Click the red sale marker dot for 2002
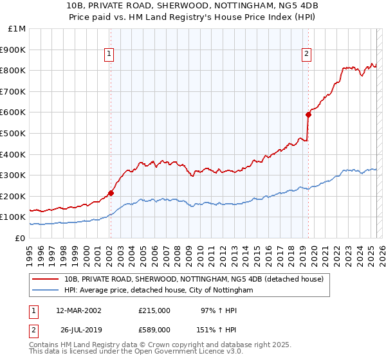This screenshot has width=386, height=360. tap(111, 192)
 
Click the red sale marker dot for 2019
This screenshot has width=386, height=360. tap(308, 114)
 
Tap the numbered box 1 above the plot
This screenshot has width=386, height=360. tap(110, 54)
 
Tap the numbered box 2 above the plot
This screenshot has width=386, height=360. tap(307, 54)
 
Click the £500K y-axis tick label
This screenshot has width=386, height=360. tap(13, 133)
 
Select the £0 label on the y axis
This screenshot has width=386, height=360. tap(20, 238)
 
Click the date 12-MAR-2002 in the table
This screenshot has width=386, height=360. tap(78, 310)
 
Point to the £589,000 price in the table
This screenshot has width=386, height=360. tap(154, 330)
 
